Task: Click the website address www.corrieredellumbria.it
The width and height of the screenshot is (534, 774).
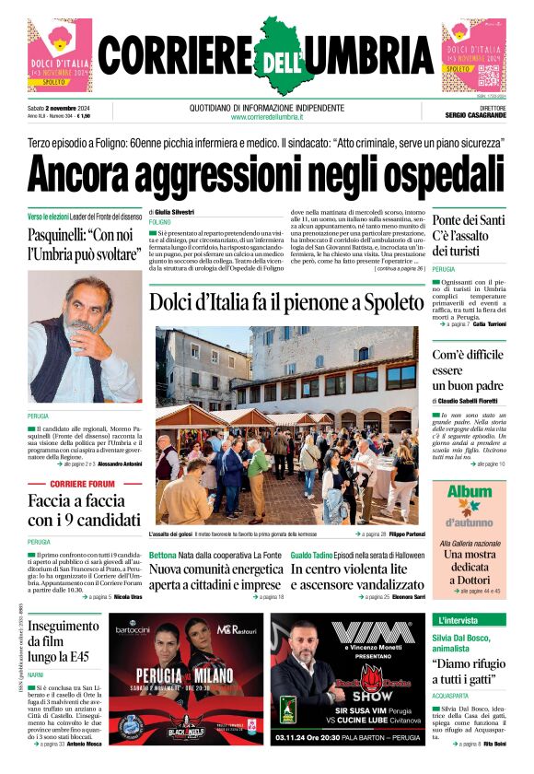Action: click(x=267, y=117)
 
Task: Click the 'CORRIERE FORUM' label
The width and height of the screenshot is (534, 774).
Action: click(x=83, y=484)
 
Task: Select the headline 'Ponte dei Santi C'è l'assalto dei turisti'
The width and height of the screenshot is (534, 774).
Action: click(x=469, y=235)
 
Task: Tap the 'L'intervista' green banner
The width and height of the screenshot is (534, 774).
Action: click(x=459, y=620)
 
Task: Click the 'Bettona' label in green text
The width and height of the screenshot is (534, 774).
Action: click(x=163, y=555)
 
